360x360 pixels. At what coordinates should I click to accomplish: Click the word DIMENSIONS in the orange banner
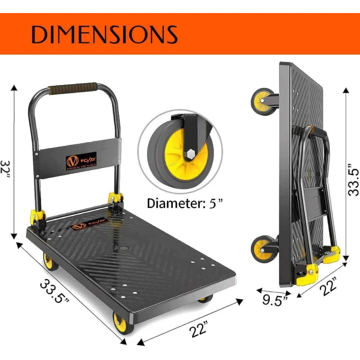(104, 35)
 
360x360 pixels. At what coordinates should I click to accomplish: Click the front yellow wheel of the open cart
(120, 322)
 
